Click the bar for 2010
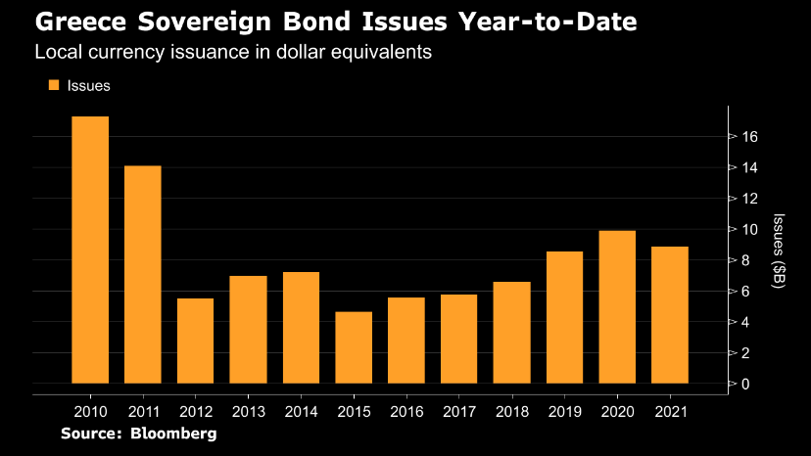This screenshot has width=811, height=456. coord(90,250)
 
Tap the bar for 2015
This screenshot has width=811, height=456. coord(354,347)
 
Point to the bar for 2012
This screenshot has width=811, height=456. coord(196,341)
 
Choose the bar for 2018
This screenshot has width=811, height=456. coord(512,332)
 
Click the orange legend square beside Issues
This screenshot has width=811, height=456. coord(54,85)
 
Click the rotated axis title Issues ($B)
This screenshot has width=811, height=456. coord(778,251)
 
